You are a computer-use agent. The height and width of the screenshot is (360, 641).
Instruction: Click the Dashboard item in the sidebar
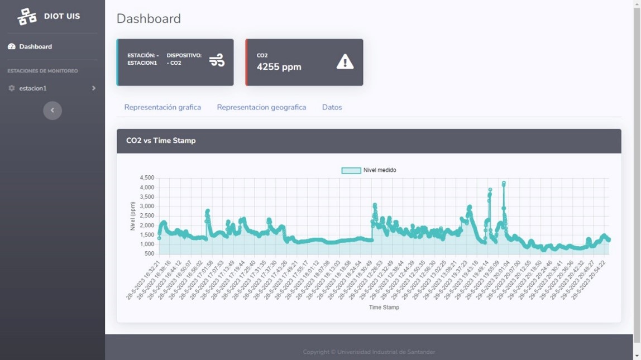tap(35, 47)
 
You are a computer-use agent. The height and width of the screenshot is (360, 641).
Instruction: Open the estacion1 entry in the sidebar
tap(34, 88)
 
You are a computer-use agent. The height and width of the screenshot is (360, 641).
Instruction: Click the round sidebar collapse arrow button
tap(52, 111)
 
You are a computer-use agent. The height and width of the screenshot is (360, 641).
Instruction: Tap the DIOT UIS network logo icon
tap(26, 17)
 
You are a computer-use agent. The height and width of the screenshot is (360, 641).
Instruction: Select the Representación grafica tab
tap(162, 107)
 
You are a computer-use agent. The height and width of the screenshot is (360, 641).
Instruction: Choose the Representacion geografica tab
tap(261, 107)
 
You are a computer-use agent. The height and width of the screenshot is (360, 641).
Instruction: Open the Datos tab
tap(332, 107)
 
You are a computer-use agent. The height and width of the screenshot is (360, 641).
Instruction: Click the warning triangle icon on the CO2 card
tap(345, 62)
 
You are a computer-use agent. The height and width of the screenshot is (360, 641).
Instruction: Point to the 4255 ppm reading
tap(279, 67)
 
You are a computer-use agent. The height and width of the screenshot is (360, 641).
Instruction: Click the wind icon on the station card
tap(217, 60)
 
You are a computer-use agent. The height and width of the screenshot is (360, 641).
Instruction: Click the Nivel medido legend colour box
tap(351, 170)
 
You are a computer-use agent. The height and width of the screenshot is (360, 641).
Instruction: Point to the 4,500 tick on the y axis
tap(146, 178)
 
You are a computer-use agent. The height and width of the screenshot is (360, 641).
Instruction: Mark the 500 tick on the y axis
tap(149, 254)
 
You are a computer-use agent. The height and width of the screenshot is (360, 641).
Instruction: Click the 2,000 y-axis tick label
tap(146, 225)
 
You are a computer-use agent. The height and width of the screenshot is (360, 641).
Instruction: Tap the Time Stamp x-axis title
tap(384, 308)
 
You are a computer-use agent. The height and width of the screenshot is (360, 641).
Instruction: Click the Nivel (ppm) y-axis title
tap(133, 216)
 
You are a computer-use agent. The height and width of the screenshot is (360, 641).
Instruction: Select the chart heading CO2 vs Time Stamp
tap(161, 141)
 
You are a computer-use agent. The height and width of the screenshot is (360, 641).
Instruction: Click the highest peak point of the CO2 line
tap(504, 183)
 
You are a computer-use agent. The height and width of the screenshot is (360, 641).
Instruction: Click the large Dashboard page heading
tap(149, 18)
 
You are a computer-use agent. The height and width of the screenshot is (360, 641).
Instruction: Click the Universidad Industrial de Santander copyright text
tap(369, 352)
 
